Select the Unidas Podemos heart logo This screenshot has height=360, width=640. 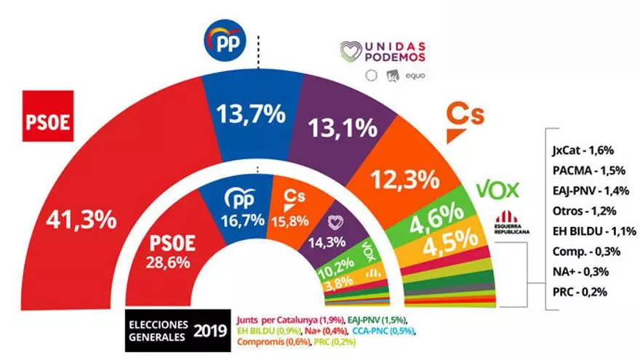[x=352, y=53]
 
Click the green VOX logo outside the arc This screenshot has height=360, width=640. [x=497, y=191]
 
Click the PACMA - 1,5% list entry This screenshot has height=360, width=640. [x=583, y=172]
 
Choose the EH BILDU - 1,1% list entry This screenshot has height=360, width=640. [x=590, y=231]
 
